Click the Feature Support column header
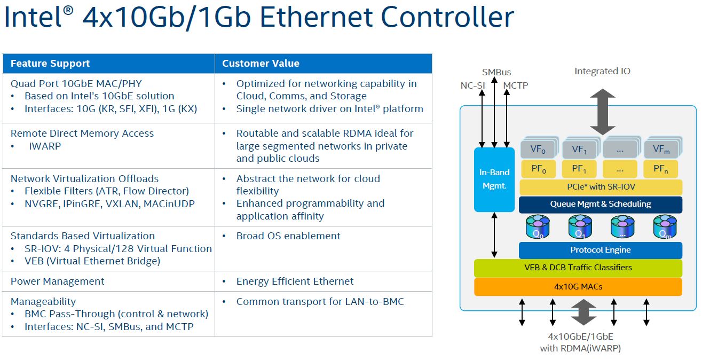tap(50, 64)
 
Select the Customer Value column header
tap(261, 64)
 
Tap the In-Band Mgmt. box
tap(494, 179)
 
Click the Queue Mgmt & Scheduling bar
tap(601, 204)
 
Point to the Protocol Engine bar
tap(601, 250)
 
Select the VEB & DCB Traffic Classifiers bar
tap(578, 268)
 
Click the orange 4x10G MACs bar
tap(578, 287)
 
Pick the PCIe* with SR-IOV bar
tap(601, 187)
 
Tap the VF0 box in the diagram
tap(537, 149)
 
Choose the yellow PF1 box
tap(579, 169)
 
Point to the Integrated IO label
tap(602, 71)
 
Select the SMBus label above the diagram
tap(496, 72)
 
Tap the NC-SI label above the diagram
tap(472, 85)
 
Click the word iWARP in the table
tap(45, 146)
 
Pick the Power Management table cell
tap(58, 281)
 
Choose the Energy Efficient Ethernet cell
tap(295, 281)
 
